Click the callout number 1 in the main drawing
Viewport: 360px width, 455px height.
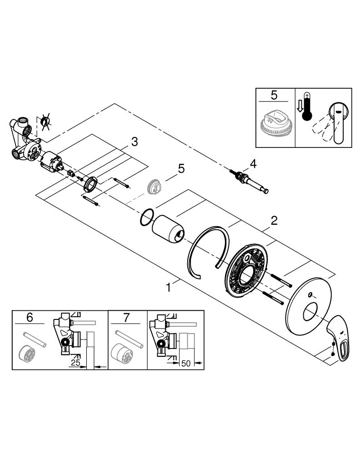point(169,288)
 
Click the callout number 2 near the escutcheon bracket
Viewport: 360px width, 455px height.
point(274,221)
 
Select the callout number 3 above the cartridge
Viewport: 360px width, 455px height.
point(134,142)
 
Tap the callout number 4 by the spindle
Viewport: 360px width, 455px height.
point(253,162)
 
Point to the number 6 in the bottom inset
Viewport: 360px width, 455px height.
point(30,318)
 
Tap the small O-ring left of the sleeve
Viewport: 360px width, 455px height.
point(145,217)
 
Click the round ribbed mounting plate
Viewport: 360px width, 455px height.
point(245,271)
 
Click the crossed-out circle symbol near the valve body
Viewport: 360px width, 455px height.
point(45,121)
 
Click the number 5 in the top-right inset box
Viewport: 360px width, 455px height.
point(274,95)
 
